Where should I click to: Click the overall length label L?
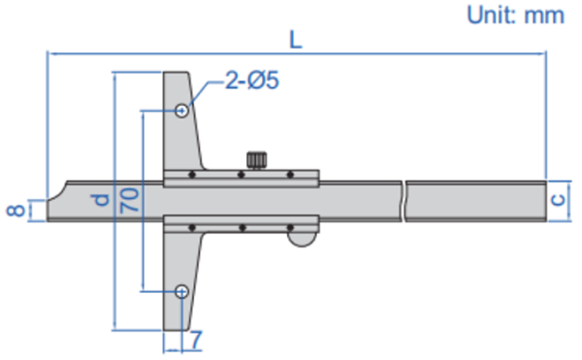[x=295, y=40]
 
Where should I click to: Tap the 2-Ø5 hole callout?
[x=250, y=82]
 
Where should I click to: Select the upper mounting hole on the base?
[x=181, y=111]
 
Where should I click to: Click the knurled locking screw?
[x=257, y=158]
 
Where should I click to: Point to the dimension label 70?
[x=129, y=201]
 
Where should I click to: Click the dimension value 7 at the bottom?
[x=196, y=340]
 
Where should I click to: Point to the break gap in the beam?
[x=404, y=201]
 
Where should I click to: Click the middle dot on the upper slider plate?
[x=241, y=176]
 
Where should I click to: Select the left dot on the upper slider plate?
[x=193, y=176]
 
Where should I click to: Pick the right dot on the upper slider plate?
[x=289, y=176]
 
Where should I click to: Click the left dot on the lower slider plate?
[x=195, y=228]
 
